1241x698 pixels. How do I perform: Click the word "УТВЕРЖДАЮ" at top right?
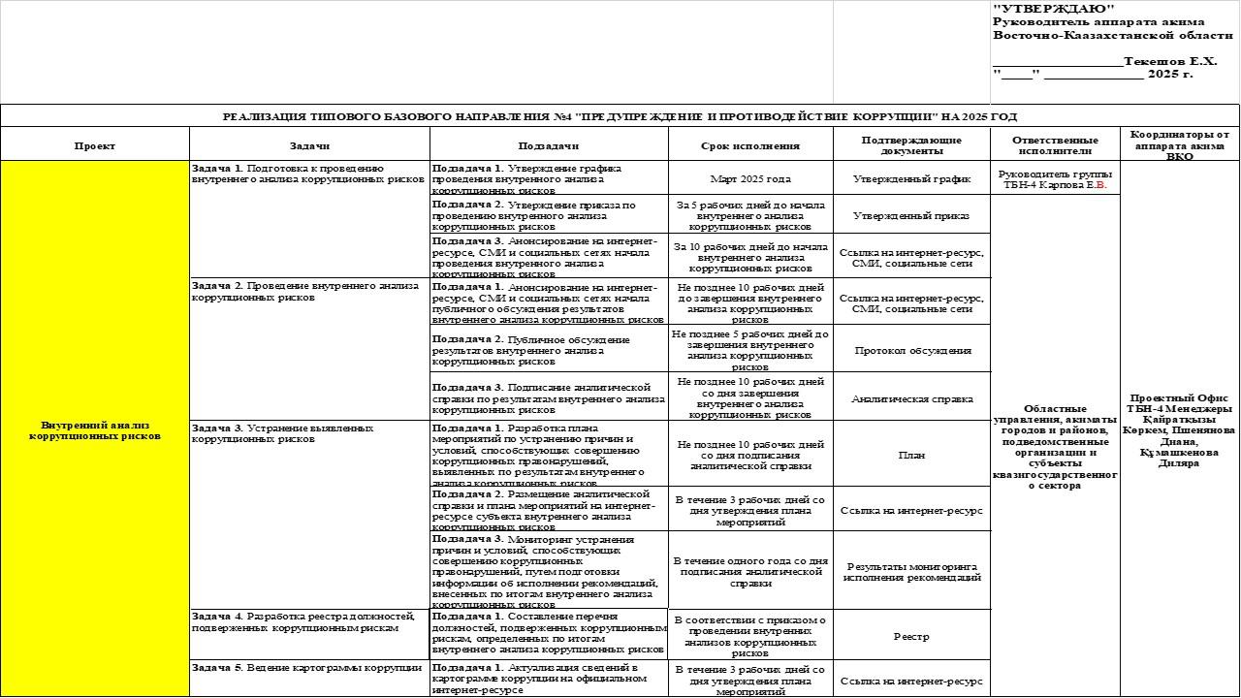click(x=1040, y=9)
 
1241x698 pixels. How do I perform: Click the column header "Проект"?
click(x=94, y=145)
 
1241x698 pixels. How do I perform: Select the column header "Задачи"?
click(x=309, y=145)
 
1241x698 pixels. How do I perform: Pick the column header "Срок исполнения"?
click(x=749, y=145)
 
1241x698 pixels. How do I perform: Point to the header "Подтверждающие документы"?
click(x=910, y=145)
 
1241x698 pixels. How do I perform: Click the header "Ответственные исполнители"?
click(x=1053, y=145)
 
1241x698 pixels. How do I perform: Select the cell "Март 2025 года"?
click(x=749, y=178)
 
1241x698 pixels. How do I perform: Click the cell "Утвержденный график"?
click(x=911, y=178)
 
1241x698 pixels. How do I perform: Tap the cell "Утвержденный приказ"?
click(x=911, y=216)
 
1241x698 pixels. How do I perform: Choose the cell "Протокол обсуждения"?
click(x=911, y=350)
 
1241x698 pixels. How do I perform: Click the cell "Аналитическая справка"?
click(x=911, y=398)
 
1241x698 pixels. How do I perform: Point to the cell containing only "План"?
click(x=911, y=455)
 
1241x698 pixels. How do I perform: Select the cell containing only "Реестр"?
click(x=911, y=637)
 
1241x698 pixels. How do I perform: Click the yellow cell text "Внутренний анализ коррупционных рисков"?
click(x=94, y=430)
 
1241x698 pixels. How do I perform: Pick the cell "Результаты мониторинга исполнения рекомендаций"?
click(x=911, y=572)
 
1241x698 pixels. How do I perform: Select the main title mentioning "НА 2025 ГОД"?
click(x=620, y=116)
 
